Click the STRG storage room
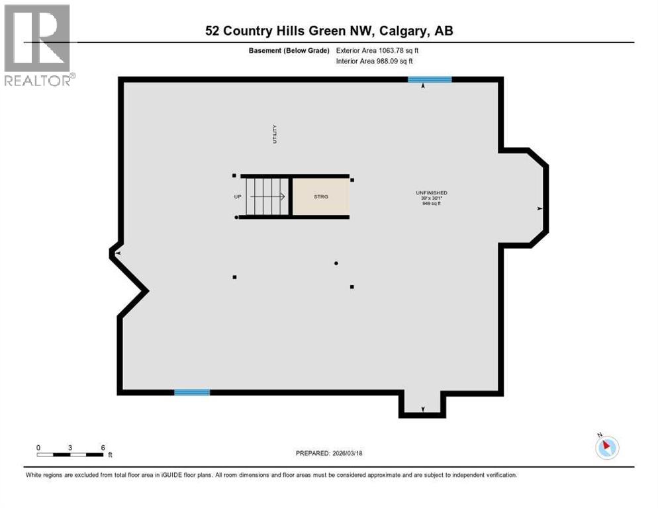pos(320,196)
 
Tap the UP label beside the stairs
pos(237,196)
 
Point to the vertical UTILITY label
pos(274,134)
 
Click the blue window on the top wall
pos(430,79)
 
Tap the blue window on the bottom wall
pos(192,392)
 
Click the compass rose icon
pos(606,446)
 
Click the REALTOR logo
pos(38,45)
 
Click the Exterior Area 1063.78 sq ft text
pos(377,50)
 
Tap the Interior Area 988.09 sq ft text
pos(375,61)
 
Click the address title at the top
pos(329,31)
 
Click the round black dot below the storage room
pos(336,263)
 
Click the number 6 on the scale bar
pos(103,447)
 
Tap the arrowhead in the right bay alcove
pos(540,209)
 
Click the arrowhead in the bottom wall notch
pos(423,409)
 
